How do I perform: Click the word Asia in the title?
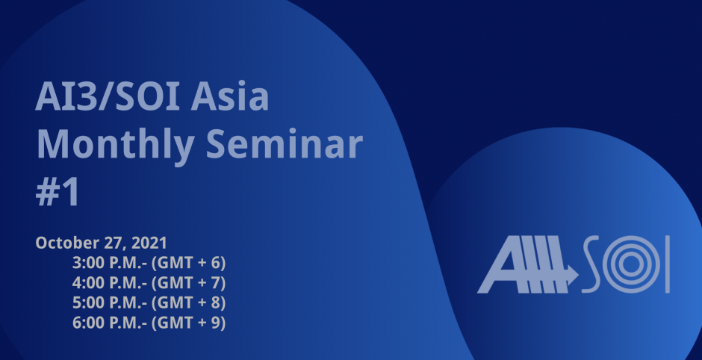click(x=230, y=96)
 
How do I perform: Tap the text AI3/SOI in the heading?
click(x=108, y=96)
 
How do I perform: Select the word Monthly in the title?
click(x=115, y=145)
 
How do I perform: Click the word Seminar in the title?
click(x=285, y=143)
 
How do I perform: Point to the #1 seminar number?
click(x=58, y=192)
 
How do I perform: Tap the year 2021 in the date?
click(x=149, y=243)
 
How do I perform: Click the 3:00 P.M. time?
click(x=110, y=263)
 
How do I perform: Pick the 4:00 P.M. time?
click(x=110, y=283)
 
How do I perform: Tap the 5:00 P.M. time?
click(x=110, y=302)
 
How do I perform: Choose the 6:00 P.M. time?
click(x=110, y=323)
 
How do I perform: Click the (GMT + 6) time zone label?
click(x=188, y=264)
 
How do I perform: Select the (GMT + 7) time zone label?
click(x=188, y=283)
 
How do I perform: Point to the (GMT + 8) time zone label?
click(x=188, y=303)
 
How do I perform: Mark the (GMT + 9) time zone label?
click(x=188, y=323)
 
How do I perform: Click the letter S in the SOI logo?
click(x=591, y=264)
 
